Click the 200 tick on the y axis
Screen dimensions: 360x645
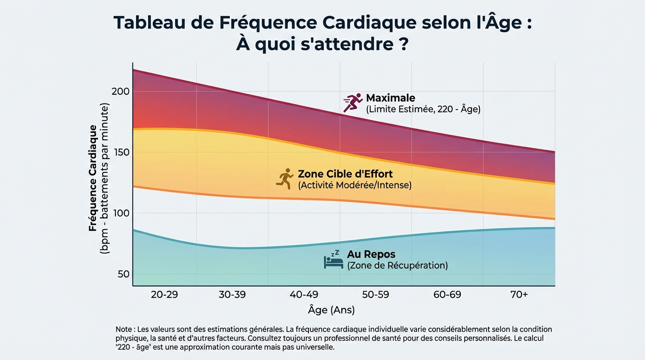pyautogui.click(x=120, y=91)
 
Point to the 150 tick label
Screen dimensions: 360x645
pyautogui.click(x=120, y=152)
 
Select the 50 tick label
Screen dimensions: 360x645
pyautogui.click(x=123, y=274)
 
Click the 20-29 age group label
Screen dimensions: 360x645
pyautogui.click(x=165, y=295)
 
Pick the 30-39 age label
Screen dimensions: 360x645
pyautogui.click(x=232, y=295)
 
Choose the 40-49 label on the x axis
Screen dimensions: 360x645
pyautogui.click(x=304, y=295)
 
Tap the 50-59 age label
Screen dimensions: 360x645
pyautogui.click(x=375, y=295)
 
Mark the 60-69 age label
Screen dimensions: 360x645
pyautogui.click(x=447, y=295)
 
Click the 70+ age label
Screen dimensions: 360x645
pyautogui.click(x=519, y=295)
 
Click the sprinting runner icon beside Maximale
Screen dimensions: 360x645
pyautogui.click(x=353, y=103)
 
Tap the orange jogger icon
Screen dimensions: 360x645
pyautogui.click(x=285, y=179)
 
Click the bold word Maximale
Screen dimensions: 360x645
pyautogui.click(x=390, y=98)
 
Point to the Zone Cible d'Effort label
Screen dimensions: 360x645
pyautogui.click(x=345, y=174)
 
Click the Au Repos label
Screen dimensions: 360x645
pyautogui.click(x=371, y=255)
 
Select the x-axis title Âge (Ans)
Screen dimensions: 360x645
pyautogui.click(x=331, y=310)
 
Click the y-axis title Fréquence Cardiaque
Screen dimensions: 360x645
pyautogui.click(x=93, y=178)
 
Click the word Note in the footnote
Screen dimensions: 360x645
pyautogui.click(x=124, y=330)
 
